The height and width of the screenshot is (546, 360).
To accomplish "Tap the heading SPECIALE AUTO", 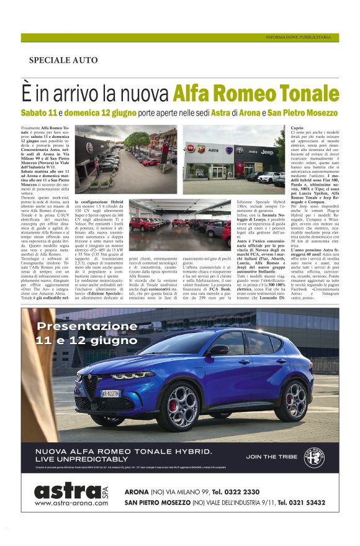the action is pyautogui.click(x=63, y=60).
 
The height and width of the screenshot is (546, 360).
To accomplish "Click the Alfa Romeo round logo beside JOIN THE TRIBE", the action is pyautogui.click(x=315, y=457).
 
